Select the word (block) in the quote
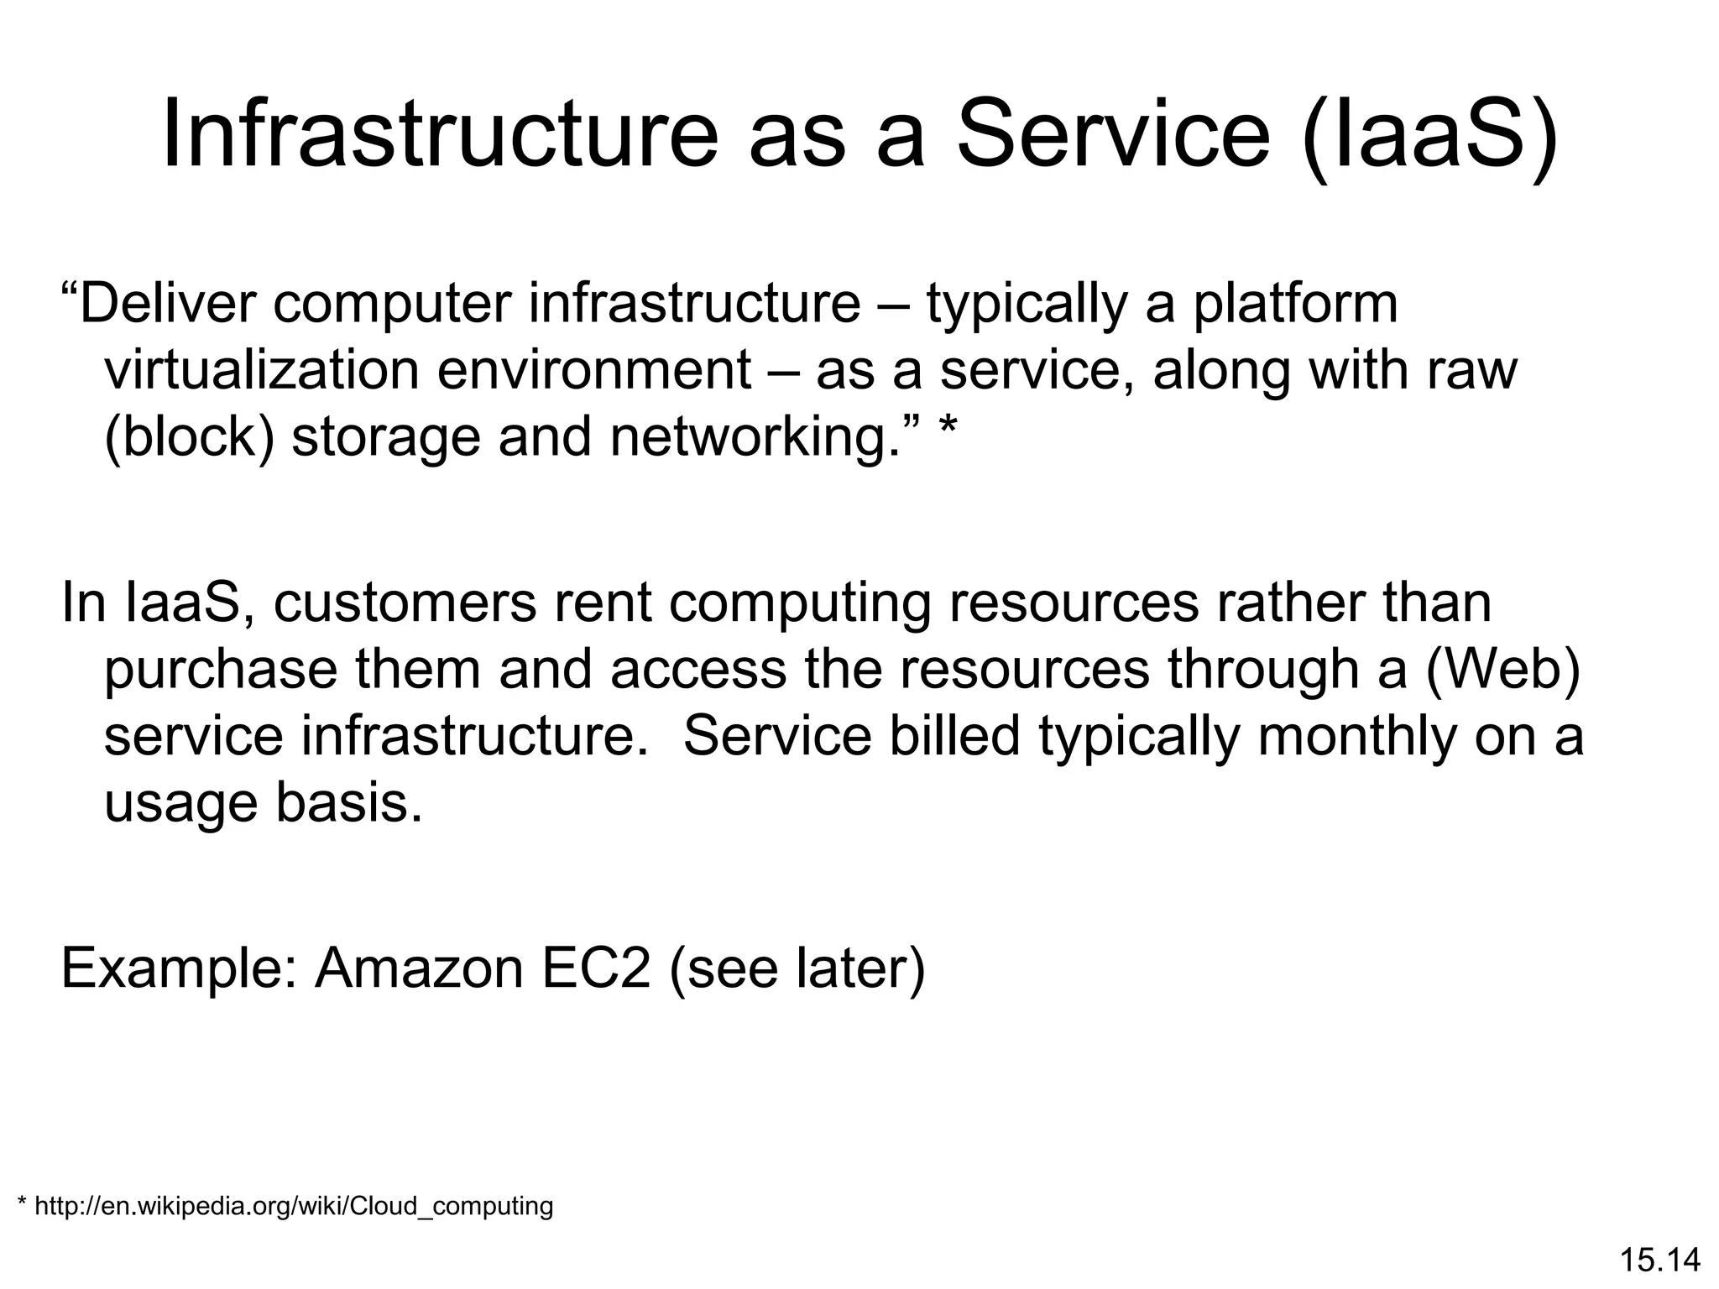click(190, 437)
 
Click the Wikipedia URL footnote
click(285, 1207)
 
